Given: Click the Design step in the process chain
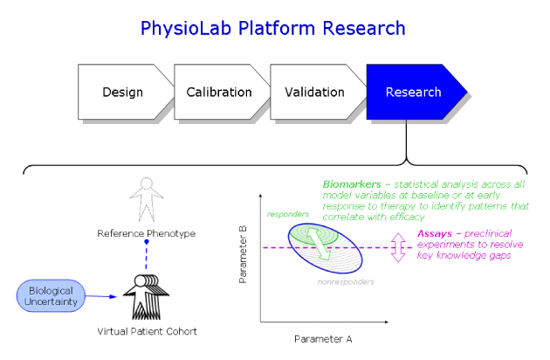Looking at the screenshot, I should [122, 92].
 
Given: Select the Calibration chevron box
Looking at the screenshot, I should [218, 92].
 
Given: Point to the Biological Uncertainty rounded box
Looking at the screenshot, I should [51, 294].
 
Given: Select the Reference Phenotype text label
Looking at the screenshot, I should [146, 233].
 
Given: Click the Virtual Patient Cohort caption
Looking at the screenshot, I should [146, 332].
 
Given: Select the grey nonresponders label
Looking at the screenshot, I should [346, 282].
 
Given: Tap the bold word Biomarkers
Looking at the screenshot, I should [352, 185].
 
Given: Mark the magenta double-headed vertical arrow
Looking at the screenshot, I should [398, 247].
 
